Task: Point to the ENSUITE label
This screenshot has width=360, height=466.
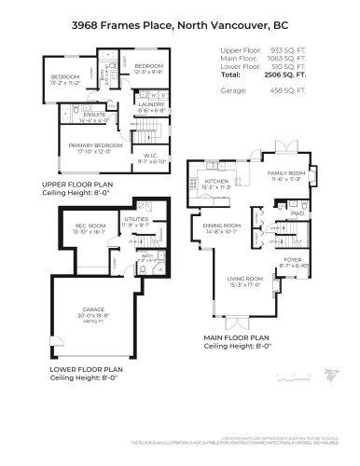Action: coord(82,116)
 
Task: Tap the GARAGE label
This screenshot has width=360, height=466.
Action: coord(95,309)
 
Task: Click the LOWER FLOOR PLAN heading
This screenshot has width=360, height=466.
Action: coord(81,371)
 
